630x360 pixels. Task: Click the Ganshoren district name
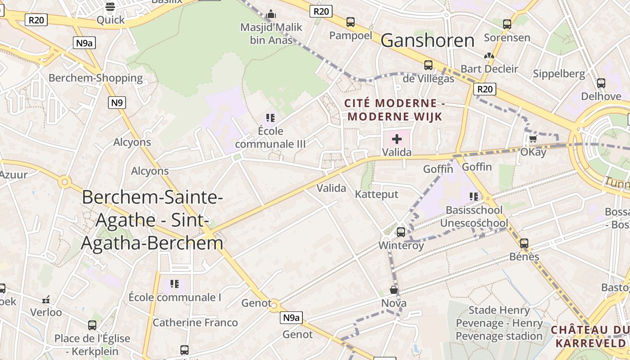click(427, 40)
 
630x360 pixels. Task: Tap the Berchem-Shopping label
click(95, 78)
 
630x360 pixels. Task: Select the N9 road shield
click(117, 103)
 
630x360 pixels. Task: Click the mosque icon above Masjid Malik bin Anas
click(271, 14)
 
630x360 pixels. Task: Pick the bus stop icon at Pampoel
click(351, 22)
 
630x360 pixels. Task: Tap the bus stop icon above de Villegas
click(428, 65)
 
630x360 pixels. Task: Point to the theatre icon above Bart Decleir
click(489, 56)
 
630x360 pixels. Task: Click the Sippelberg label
click(559, 74)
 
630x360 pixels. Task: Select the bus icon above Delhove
click(601, 83)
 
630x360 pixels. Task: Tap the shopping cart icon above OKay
click(533, 139)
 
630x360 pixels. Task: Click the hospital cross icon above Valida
click(397, 139)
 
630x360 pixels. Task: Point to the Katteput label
click(377, 194)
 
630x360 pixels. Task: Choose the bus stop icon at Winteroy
click(401, 232)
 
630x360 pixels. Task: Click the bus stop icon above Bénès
click(524, 243)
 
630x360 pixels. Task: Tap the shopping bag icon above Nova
click(394, 290)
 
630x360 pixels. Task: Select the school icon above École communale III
click(270, 118)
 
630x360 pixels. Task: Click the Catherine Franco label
click(195, 323)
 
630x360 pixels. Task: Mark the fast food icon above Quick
click(110, 7)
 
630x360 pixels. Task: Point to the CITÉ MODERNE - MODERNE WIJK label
click(395, 110)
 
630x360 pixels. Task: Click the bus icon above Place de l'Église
click(92, 325)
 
